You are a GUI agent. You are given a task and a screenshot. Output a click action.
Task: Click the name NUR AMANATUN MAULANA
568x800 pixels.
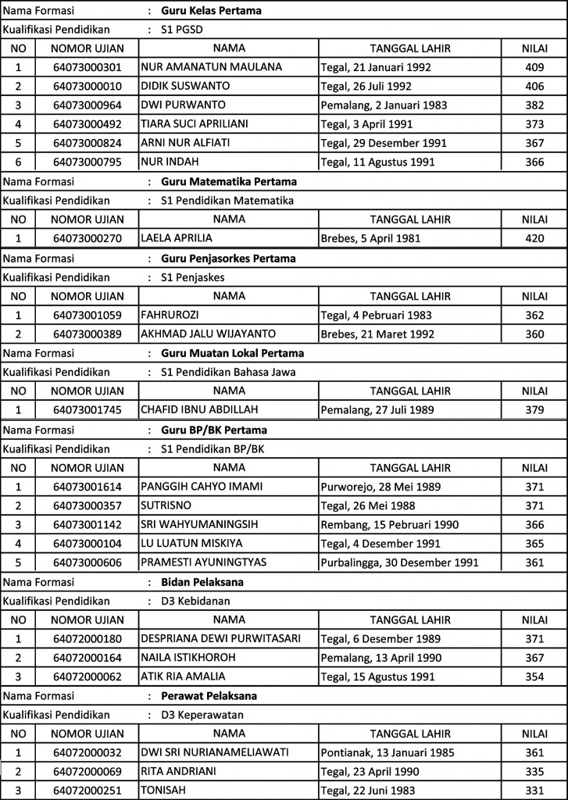click(211, 67)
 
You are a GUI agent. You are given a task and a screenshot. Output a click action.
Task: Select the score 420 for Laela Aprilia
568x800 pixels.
click(534, 238)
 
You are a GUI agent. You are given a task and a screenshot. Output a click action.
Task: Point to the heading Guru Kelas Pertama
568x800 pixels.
click(211, 11)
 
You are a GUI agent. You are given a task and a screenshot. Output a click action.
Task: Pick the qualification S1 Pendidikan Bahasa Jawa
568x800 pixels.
click(221, 371)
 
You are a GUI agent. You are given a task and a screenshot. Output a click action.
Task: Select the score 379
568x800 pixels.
click(534, 409)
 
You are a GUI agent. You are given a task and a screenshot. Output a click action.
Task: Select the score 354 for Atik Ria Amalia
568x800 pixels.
click(534, 676)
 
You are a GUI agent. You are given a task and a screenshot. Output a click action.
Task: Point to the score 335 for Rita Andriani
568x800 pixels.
click(534, 771)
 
